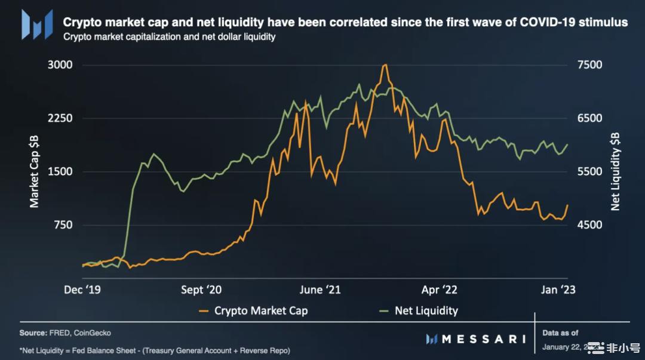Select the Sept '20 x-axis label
pyautogui.click(x=201, y=290)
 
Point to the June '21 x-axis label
pyautogui.click(x=320, y=290)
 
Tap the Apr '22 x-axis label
pyautogui.click(x=439, y=290)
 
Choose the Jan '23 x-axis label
pyautogui.click(x=559, y=290)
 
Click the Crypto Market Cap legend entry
pyautogui.click(x=261, y=310)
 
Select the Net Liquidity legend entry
pyautogui.click(x=426, y=310)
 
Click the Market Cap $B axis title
pyautogui.click(x=35, y=171)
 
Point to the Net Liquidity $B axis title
pyautogui.click(x=615, y=171)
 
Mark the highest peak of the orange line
pyautogui.click(x=385, y=64)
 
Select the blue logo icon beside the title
pyautogui.click(x=35, y=23)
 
